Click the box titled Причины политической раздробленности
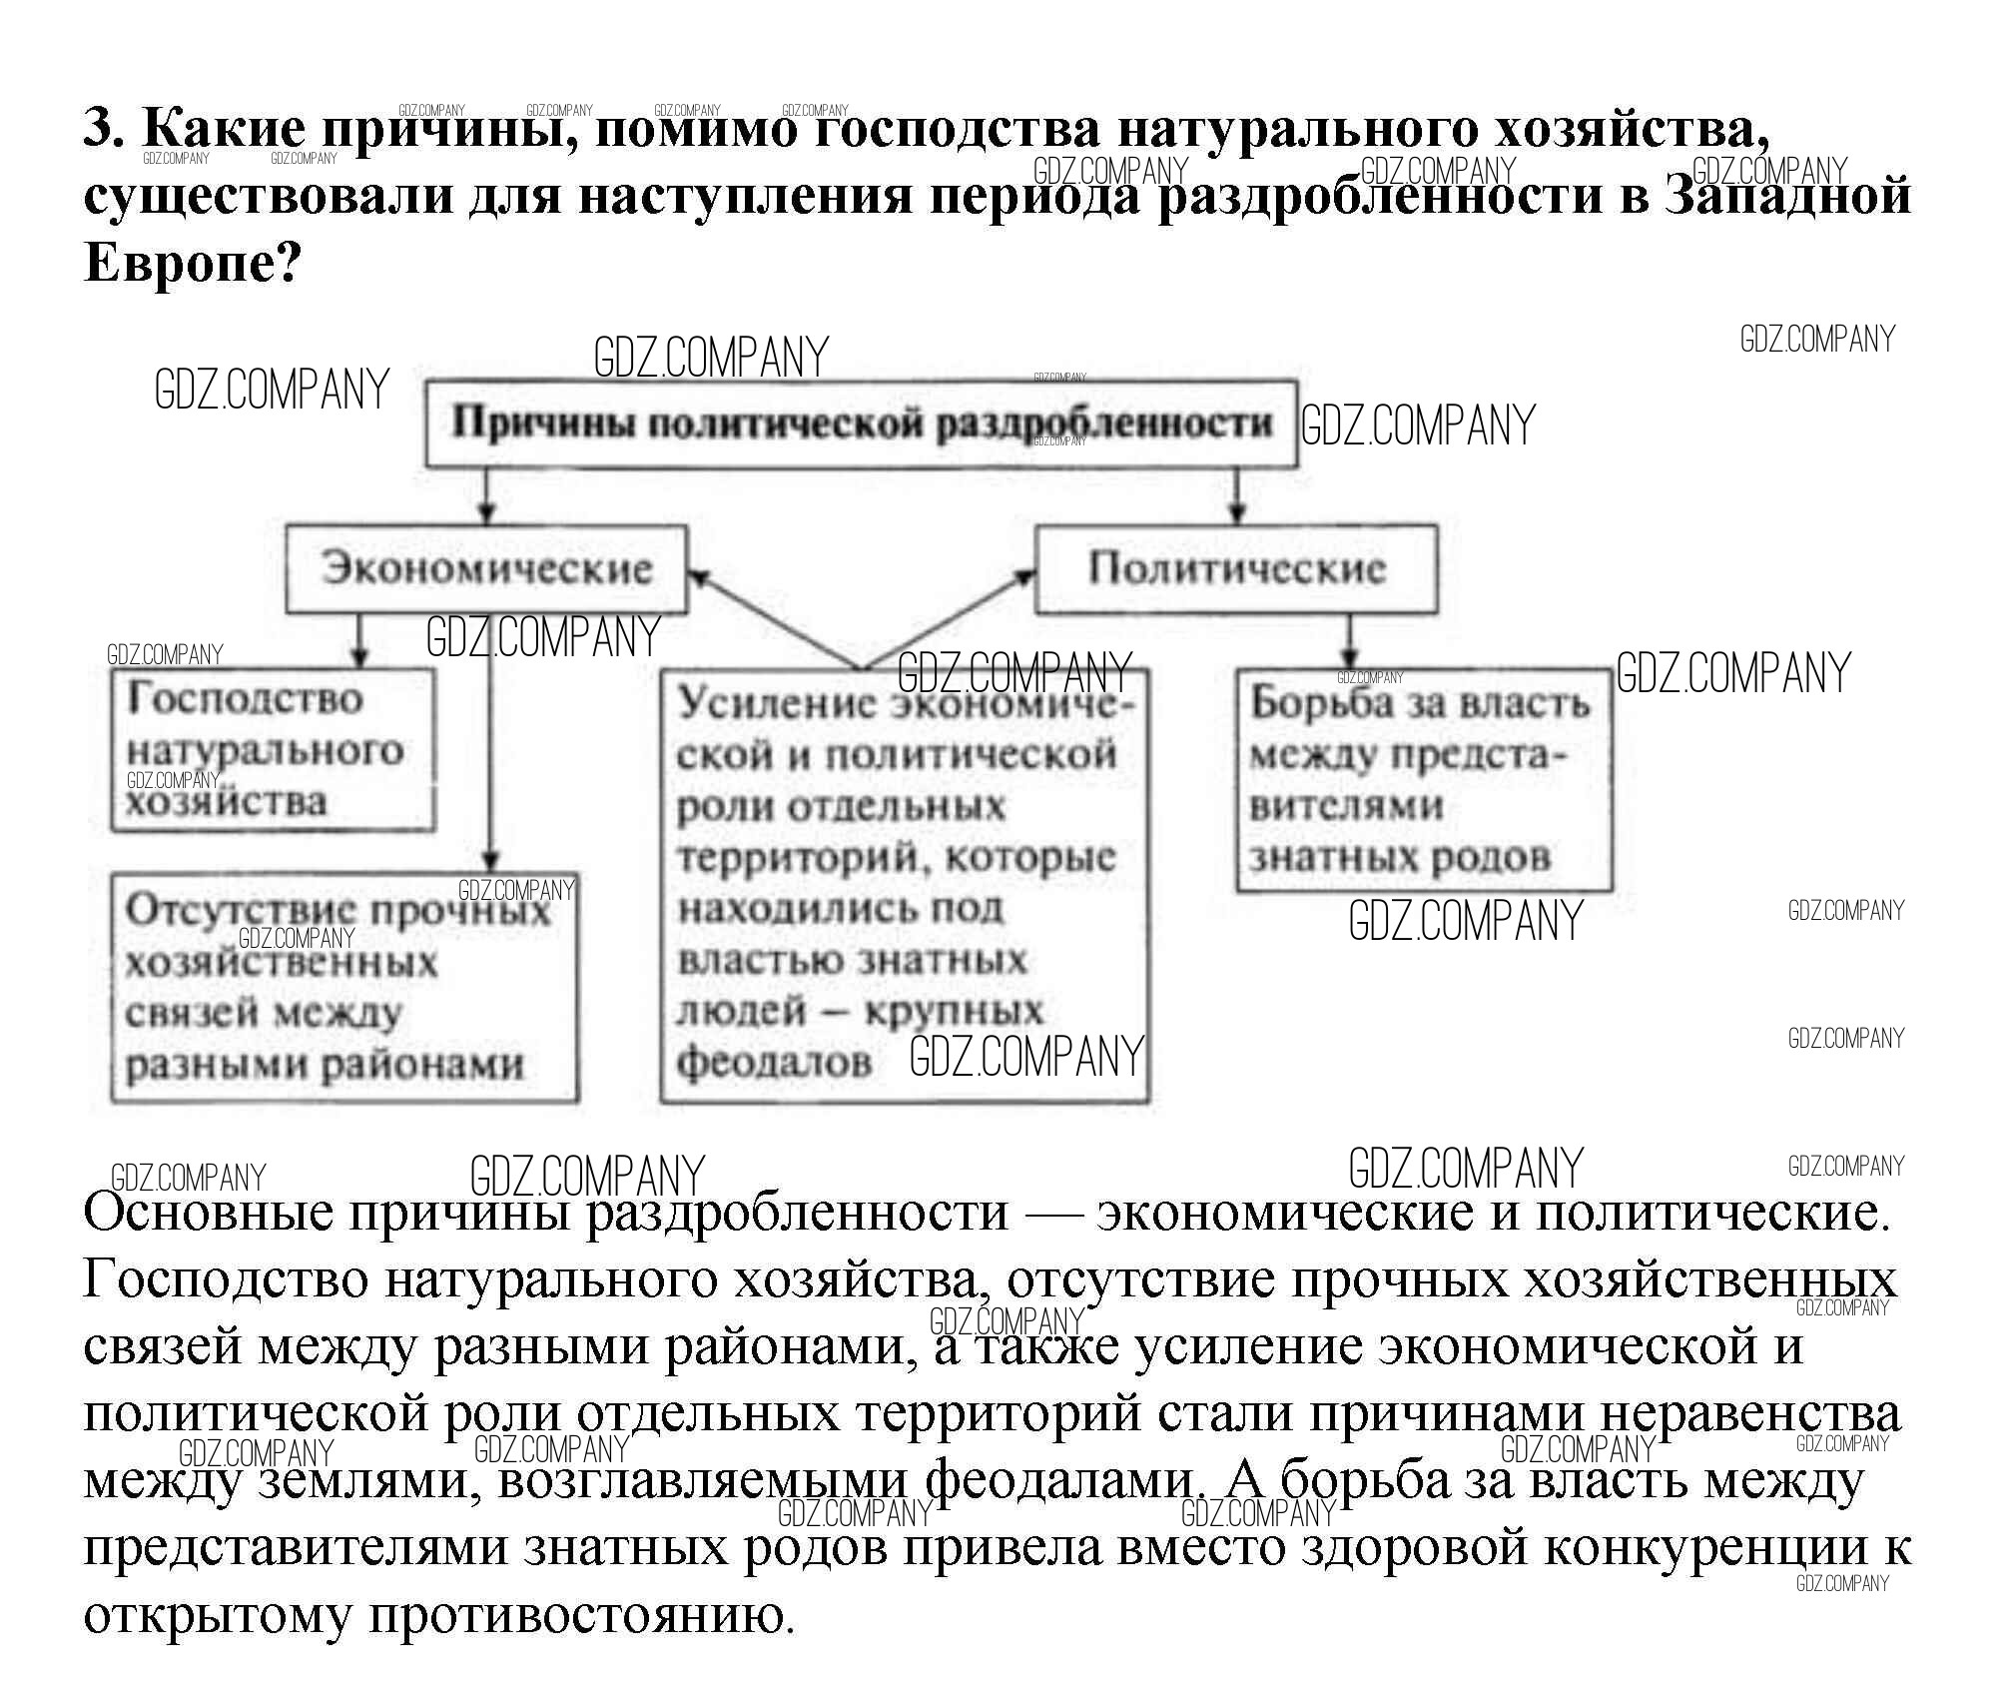click(x=861, y=423)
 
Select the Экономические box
click(x=486, y=568)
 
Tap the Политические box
click(x=1236, y=568)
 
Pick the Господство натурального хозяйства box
click(x=273, y=750)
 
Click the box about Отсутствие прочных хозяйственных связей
click(x=343, y=987)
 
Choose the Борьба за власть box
click(x=1423, y=779)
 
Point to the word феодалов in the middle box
click(x=774, y=1062)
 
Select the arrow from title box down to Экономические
click(x=486, y=495)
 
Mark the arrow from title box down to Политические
click(x=1237, y=495)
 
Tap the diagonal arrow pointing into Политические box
click(x=949, y=619)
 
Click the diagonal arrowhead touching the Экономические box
click(x=700, y=578)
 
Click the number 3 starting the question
click(x=102, y=128)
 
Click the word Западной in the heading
click(x=1788, y=195)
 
